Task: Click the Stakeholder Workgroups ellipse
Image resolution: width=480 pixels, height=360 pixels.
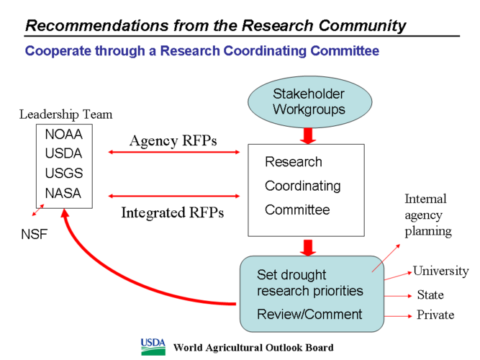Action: [309, 103]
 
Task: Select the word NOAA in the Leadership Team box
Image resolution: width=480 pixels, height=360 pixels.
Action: [63, 135]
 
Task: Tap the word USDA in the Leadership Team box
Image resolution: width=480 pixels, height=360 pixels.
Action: [63, 153]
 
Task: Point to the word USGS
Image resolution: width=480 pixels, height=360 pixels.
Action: [63, 174]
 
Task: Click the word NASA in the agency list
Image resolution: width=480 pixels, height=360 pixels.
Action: [63, 193]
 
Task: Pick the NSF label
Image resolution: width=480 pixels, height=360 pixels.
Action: [34, 234]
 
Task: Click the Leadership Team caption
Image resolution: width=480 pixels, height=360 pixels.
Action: [65, 114]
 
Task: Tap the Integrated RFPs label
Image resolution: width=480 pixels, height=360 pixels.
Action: [172, 212]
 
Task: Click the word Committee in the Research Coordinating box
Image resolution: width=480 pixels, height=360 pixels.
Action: [297, 210]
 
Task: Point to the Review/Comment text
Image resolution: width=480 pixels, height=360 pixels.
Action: [309, 314]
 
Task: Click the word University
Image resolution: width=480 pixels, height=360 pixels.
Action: [440, 271]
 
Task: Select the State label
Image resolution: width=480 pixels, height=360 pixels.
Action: [430, 295]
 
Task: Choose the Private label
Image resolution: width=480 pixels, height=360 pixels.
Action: [435, 315]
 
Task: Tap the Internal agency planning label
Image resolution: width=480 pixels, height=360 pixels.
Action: [427, 215]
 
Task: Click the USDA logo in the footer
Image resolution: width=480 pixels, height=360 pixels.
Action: [153, 346]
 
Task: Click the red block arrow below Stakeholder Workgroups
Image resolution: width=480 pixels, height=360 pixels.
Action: [309, 135]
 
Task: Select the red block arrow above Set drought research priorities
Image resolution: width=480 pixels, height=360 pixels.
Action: [309, 247]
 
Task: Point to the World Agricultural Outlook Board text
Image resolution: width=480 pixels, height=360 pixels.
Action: [253, 348]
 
